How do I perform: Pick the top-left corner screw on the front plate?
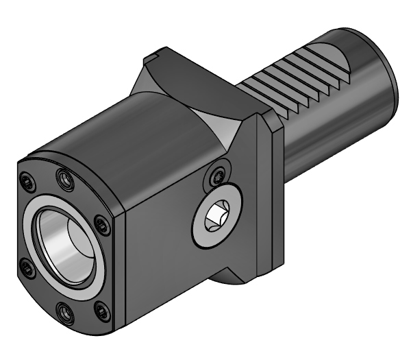[28, 181]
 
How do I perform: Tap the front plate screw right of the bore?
[101, 224]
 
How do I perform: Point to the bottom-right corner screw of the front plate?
[102, 312]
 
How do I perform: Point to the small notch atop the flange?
[155, 52]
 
